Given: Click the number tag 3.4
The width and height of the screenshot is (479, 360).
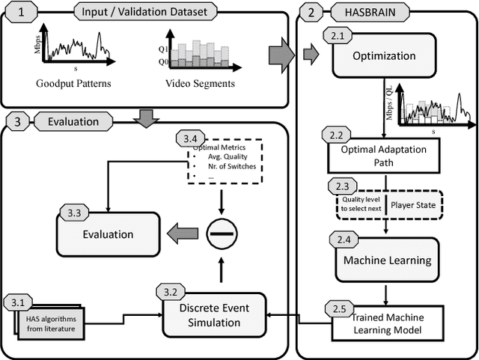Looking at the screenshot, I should click(190, 139).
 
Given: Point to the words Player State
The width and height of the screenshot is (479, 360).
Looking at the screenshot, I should click(414, 203).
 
